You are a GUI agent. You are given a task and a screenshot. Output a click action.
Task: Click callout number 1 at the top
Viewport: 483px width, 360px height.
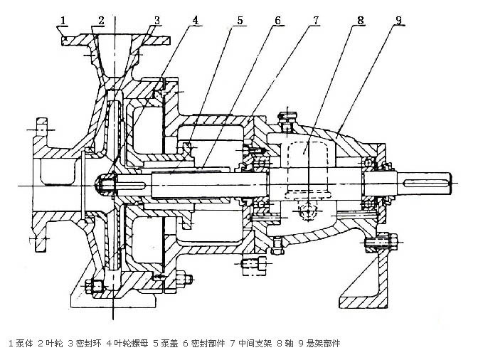click(x=64, y=19)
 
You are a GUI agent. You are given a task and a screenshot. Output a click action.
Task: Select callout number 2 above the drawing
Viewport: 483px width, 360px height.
click(x=101, y=19)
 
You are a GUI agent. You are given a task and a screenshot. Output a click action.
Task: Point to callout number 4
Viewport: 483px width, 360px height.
click(x=196, y=19)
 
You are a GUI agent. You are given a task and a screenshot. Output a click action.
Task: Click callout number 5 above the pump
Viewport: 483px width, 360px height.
click(x=240, y=19)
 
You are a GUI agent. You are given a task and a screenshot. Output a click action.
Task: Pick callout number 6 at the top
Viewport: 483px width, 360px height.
click(x=276, y=19)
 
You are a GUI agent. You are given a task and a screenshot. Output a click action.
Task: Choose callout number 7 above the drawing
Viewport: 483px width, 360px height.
click(x=314, y=19)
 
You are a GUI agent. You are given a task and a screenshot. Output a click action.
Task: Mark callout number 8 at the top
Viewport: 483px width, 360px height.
click(x=361, y=19)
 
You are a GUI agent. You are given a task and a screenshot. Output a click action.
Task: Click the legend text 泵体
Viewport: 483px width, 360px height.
click(x=24, y=344)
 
